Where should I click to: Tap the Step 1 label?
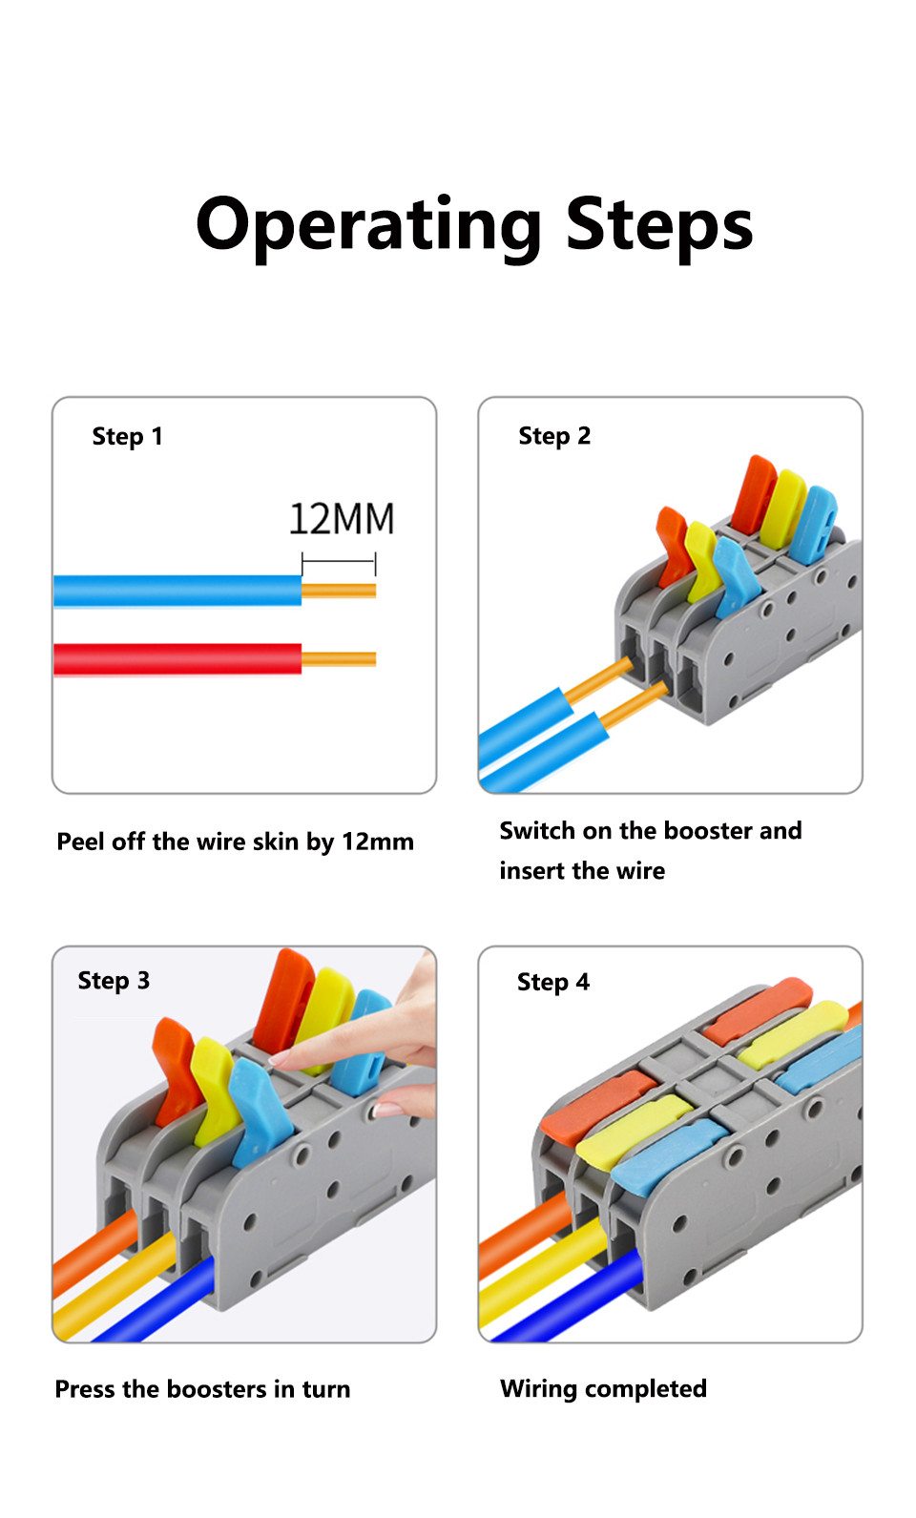click(x=127, y=437)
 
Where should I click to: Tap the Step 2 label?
click(x=554, y=436)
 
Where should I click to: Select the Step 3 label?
click(x=114, y=981)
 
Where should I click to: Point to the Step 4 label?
click(x=553, y=982)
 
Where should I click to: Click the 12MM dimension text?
click(x=341, y=520)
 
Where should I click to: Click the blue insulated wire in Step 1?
click(x=177, y=591)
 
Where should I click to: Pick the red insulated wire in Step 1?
click(x=177, y=659)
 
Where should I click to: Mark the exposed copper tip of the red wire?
click(x=339, y=659)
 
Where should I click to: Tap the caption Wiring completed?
click(x=603, y=1388)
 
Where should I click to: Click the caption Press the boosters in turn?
click(x=202, y=1389)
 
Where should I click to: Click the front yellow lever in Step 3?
click(x=212, y=1088)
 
